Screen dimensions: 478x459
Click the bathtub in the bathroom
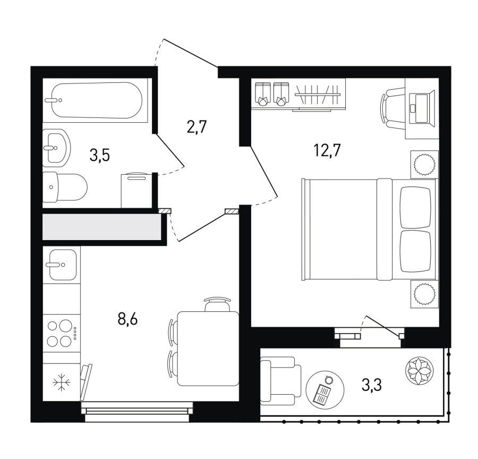(97, 100)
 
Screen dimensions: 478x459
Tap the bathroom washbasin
(56, 148)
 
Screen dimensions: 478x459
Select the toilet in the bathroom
(65, 187)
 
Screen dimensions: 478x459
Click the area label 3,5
(100, 155)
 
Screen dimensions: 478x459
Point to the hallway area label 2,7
(197, 127)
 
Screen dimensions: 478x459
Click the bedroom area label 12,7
(327, 150)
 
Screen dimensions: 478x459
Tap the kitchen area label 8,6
(127, 319)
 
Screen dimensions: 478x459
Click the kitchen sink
(62, 265)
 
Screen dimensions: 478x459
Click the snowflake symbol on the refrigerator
(62, 382)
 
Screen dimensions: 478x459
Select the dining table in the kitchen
(208, 348)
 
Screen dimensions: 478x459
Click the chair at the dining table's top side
(217, 304)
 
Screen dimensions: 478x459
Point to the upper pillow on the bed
(415, 207)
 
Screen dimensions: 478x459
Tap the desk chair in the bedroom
(392, 108)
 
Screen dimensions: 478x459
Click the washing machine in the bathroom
(136, 191)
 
